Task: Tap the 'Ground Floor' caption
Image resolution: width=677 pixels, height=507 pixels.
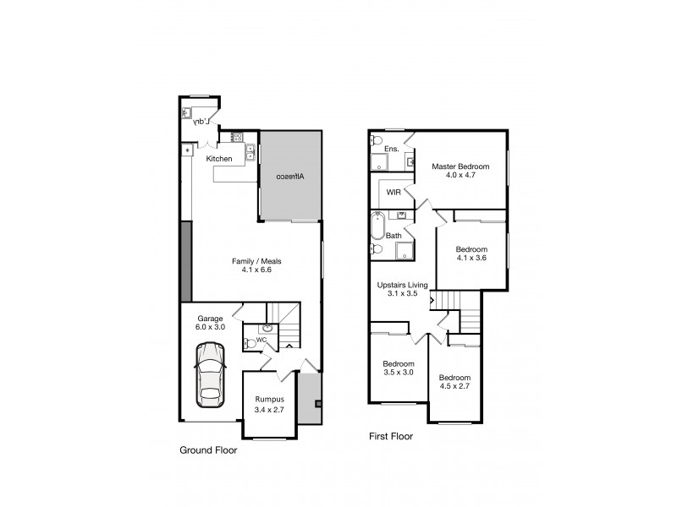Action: coord(208,450)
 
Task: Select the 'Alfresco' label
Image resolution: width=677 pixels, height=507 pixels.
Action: coord(290,177)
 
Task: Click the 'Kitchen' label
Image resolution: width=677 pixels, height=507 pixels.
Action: coord(219,159)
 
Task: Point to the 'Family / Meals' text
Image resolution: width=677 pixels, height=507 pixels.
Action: coord(256,261)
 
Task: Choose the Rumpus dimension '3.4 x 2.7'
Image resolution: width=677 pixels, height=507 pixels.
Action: coord(268,410)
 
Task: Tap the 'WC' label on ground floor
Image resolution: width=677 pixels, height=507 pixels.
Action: coord(261,340)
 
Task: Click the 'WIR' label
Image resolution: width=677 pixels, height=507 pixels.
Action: coord(394,193)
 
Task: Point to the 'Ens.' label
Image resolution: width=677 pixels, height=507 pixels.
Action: coord(392,150)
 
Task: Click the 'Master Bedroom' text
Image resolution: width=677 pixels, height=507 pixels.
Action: coord(460,166)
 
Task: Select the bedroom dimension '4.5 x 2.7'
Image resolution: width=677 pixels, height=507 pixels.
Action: coord(454,386)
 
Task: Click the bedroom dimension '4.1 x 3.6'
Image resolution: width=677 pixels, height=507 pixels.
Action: coord(471,260)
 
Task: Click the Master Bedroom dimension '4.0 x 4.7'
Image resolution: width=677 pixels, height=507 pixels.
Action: coord(460,177)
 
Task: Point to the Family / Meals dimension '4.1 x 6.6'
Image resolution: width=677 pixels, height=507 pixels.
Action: coord(256,271)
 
